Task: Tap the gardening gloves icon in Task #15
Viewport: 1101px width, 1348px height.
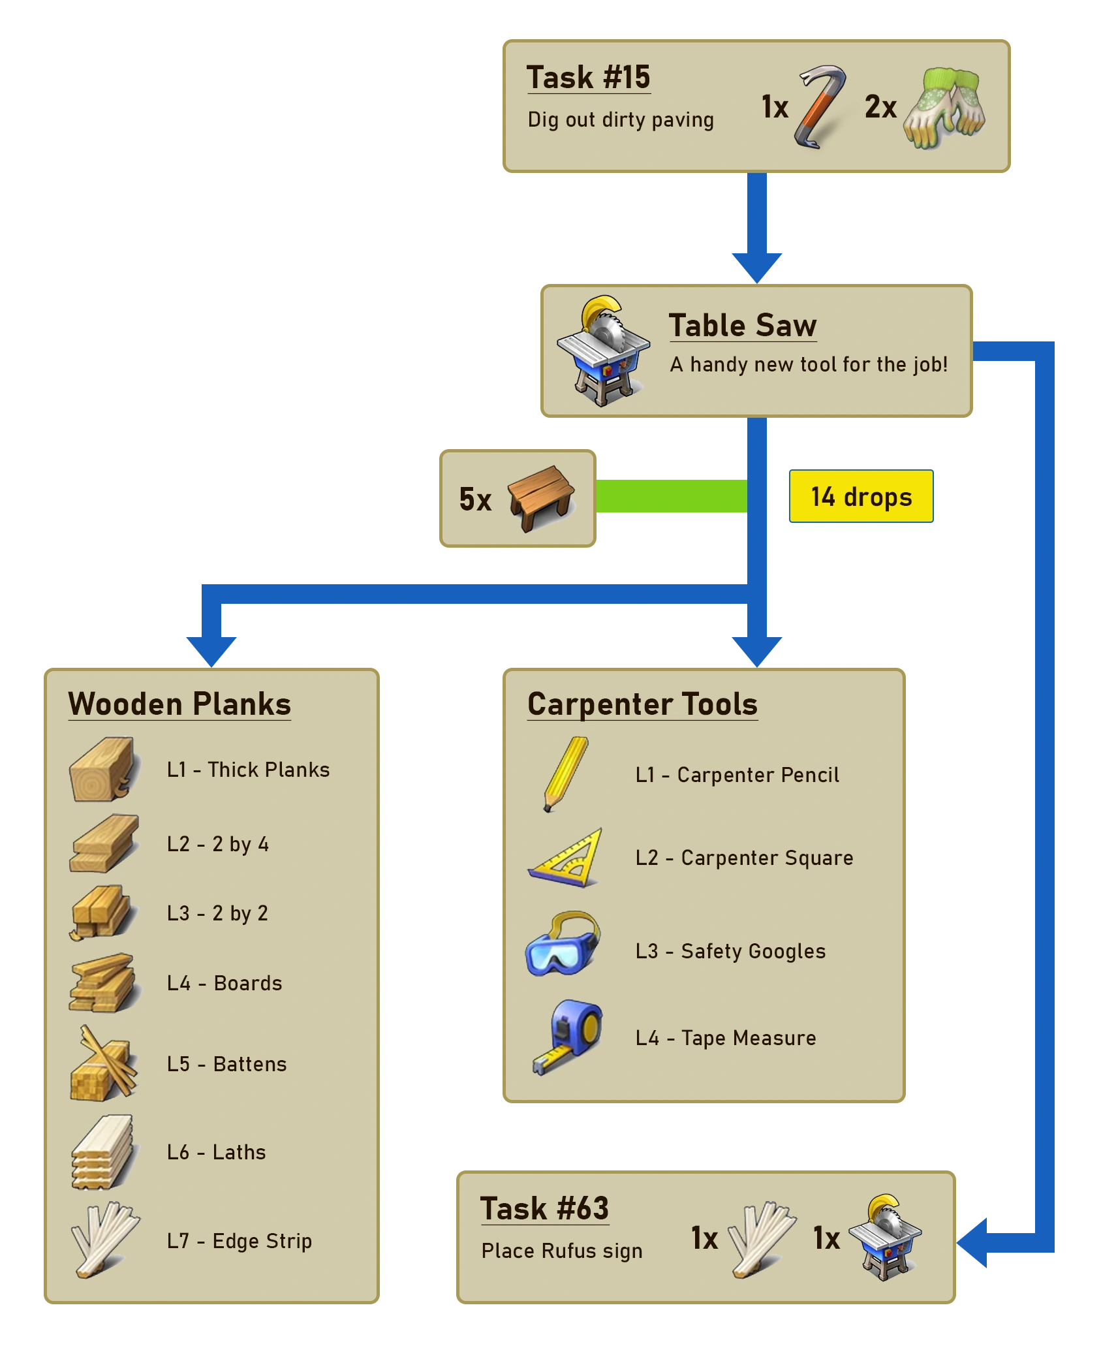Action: (x=945, y=108)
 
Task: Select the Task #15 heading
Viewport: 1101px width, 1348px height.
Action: (x=588, y=78)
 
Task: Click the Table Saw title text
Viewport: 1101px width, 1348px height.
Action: (x=743, y=325)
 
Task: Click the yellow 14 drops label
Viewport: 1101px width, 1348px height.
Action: (x=861, y=497)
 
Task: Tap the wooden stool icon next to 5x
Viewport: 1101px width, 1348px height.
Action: (x=540, y=498)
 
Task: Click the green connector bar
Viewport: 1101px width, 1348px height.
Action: (x=672, y=495)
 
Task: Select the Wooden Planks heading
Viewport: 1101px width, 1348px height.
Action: (x=179, y=704)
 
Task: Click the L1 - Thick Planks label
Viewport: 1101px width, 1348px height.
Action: (x=248, y=770)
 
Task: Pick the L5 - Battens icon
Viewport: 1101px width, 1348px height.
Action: (x=103, y=1063)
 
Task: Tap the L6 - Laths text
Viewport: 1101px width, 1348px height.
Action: (x=216, y=1152)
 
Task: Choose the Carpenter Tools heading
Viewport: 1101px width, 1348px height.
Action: (x=642, y=704)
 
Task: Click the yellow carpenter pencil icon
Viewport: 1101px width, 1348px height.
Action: (x=565, y=774)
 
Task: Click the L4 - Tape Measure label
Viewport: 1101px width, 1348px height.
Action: (x=726, y=1038)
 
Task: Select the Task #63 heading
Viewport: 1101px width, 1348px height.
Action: (x=544, y=1208)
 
